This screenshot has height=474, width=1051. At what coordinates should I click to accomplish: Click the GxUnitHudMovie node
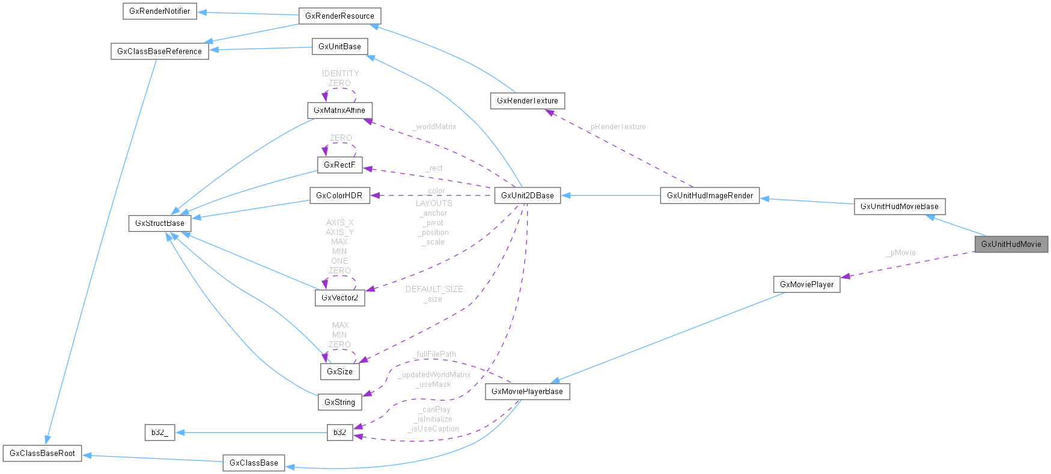point(1011,244)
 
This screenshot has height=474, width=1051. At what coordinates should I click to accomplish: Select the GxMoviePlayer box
point(806,284)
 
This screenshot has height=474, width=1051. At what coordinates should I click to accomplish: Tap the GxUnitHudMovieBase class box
point(899,206)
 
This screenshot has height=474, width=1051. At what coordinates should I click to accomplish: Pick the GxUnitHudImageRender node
point(710,195)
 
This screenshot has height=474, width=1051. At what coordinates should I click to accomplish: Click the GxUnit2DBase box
point(527,195)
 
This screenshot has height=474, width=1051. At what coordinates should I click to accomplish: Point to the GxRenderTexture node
point(527,100)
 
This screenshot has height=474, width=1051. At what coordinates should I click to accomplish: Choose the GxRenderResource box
point(340,16)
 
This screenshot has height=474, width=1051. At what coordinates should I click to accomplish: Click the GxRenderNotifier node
point(159,11)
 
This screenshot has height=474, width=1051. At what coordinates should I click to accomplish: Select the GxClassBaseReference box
point(159,51)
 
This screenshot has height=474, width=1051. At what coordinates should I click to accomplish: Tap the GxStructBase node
point(159,223)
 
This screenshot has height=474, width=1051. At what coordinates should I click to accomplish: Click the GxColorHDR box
point(339,195)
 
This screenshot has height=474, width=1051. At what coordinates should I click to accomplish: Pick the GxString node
point(340,402)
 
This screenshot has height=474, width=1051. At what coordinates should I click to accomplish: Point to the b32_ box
point(159,432)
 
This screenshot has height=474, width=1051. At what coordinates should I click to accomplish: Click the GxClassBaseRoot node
point(42,453)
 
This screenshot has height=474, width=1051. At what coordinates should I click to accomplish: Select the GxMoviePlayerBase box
point(527,391)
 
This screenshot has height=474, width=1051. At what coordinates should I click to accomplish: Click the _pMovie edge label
point(901,253)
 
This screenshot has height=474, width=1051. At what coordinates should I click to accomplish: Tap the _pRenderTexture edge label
point(617,127)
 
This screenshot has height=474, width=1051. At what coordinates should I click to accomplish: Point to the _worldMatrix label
point(435,127)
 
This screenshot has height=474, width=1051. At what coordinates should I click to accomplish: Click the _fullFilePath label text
point(435,354)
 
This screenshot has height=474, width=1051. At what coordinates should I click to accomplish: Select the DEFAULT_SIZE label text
point(434,289)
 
